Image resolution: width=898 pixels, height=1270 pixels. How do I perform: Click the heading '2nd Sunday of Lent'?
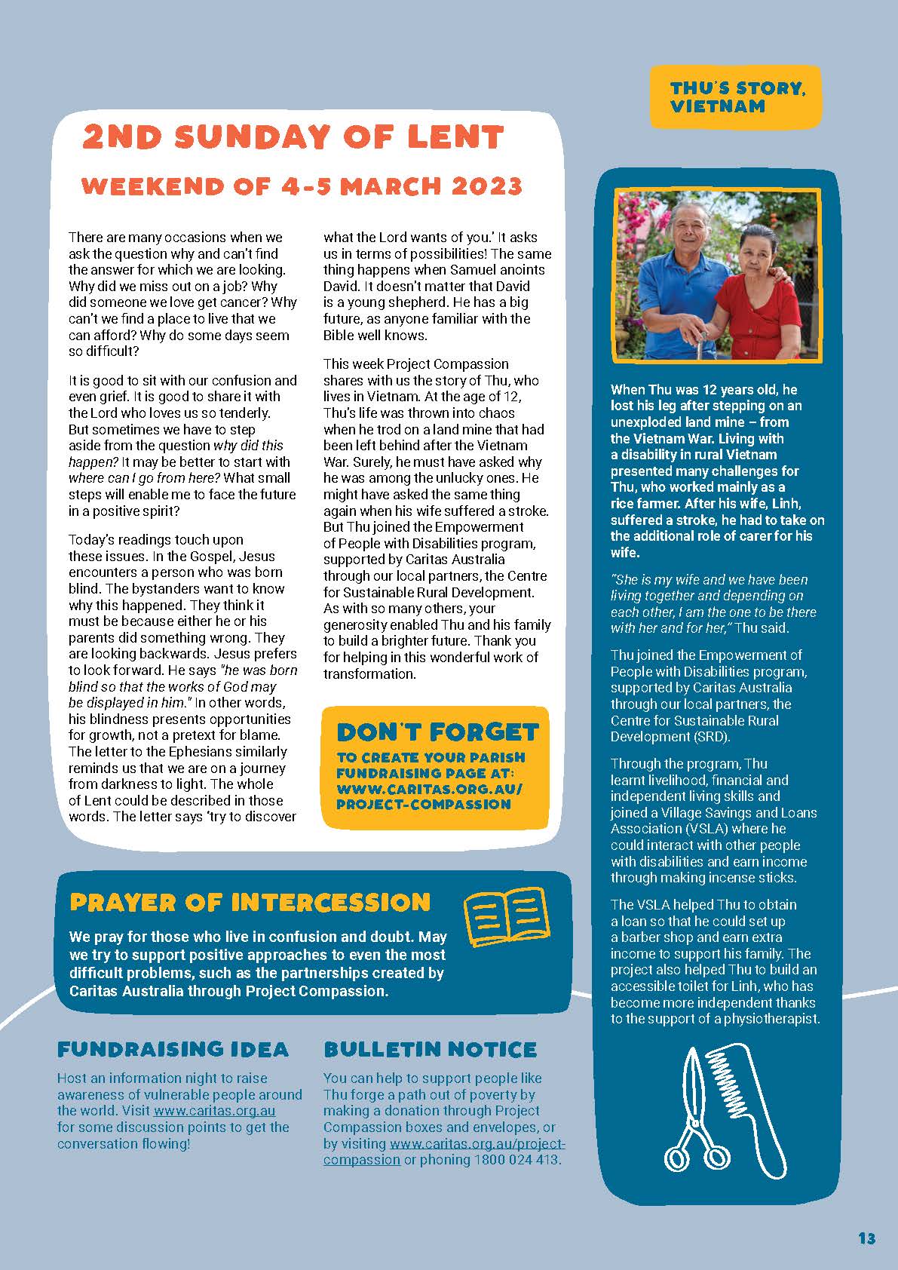[293, 137]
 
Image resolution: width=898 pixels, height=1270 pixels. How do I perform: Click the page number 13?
[866, 1238]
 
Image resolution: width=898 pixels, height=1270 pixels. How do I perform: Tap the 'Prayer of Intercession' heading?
[250, 903]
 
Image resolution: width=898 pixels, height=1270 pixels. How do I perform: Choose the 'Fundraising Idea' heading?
[173, 1049]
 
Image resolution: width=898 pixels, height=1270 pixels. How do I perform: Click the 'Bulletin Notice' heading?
[430, 1049]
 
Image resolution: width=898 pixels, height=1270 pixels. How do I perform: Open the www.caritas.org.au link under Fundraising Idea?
[214, 1111]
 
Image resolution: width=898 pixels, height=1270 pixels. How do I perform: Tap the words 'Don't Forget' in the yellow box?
[437, 732]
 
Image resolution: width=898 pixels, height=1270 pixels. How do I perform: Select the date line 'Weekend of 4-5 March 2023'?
[302, 186]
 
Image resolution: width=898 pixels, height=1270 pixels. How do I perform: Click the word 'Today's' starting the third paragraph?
[91, 540]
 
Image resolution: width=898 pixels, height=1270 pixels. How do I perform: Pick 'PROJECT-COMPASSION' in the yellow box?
[423, 804]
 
